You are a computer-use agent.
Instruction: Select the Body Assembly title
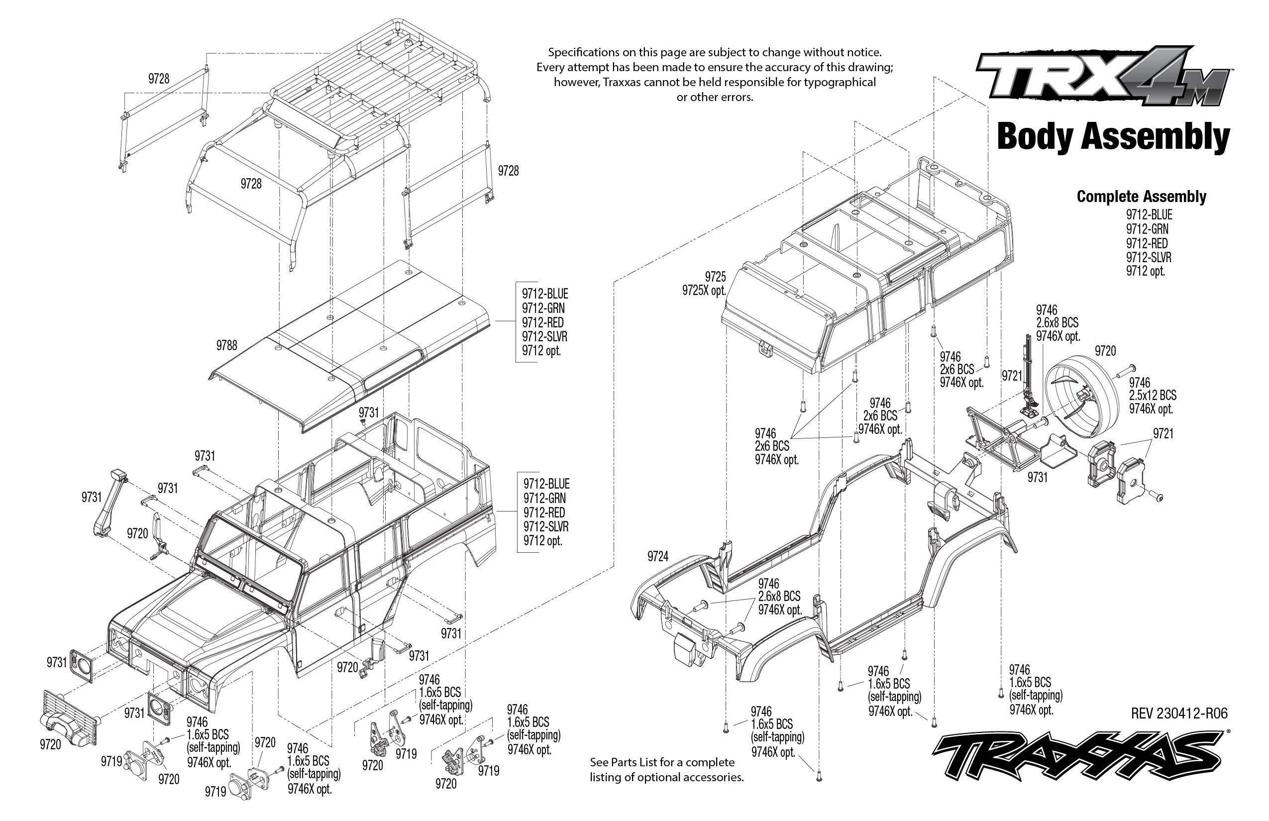coord(1113,137)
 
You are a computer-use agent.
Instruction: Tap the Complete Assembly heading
coord(1141,197)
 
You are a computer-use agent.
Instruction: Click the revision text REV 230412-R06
coord(1179,714)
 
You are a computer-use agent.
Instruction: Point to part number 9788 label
coord(226,345)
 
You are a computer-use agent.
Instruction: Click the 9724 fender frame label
coord(657,557)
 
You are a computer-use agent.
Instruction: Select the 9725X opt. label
coord(704,291)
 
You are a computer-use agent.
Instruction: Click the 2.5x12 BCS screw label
coord(1152,396)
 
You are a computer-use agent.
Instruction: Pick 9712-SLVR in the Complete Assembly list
coord(1149,258)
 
